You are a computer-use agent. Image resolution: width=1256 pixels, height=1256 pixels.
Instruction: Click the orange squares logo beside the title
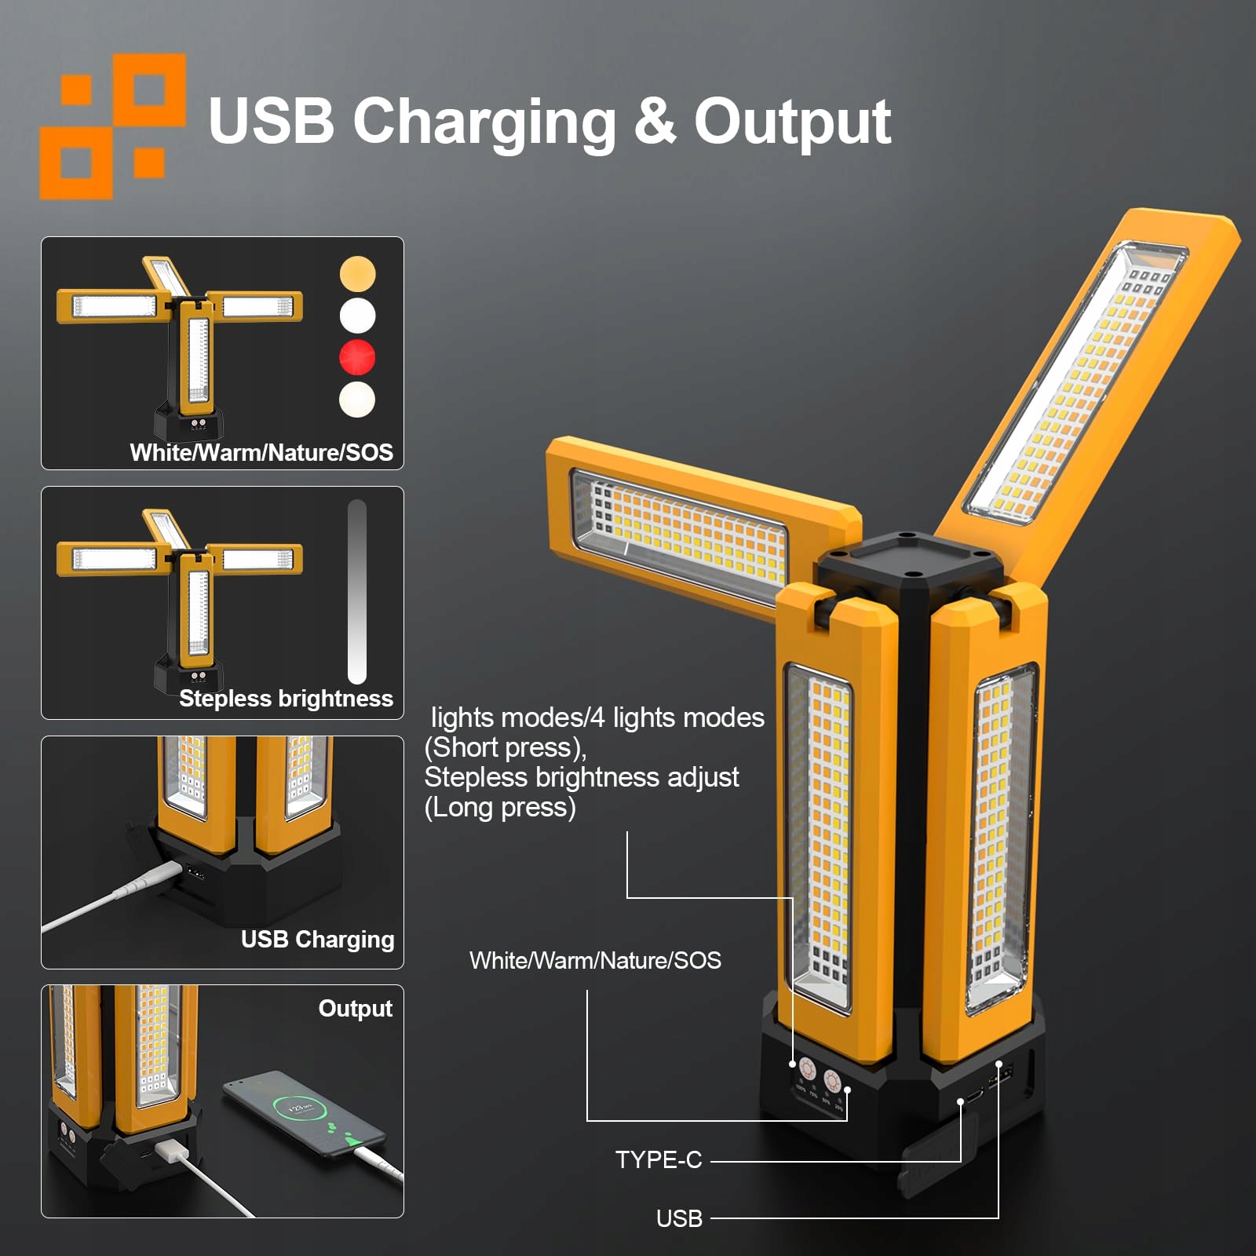point(112,126)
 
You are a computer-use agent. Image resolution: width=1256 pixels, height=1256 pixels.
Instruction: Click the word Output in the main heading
point(792,122)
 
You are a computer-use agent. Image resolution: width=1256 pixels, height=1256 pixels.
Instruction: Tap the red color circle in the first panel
point(357,357)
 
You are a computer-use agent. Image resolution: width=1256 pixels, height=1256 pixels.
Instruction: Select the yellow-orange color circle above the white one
point(357,274)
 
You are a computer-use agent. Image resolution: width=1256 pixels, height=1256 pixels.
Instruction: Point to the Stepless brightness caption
point(286,698)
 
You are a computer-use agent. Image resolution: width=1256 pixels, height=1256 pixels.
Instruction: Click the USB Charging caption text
point(317,939)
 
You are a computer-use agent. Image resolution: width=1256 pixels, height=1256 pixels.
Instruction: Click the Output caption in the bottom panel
point(355,1008)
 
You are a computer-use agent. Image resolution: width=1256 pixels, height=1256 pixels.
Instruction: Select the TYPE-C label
point(659,1159)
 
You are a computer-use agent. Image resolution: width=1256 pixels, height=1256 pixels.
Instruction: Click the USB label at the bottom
point(679,1218)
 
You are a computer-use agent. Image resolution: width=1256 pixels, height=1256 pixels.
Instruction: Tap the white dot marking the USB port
point(999,1064)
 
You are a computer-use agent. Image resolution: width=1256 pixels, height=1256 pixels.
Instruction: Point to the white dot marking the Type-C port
point(961,1102)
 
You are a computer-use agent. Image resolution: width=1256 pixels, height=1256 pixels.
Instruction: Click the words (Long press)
point(500,807)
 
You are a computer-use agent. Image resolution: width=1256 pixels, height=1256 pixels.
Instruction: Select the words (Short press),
point(506,747)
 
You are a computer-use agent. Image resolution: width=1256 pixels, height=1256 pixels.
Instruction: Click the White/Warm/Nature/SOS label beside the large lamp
point(595,960)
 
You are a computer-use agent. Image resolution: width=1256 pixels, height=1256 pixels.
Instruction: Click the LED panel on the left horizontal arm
point(679,534)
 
